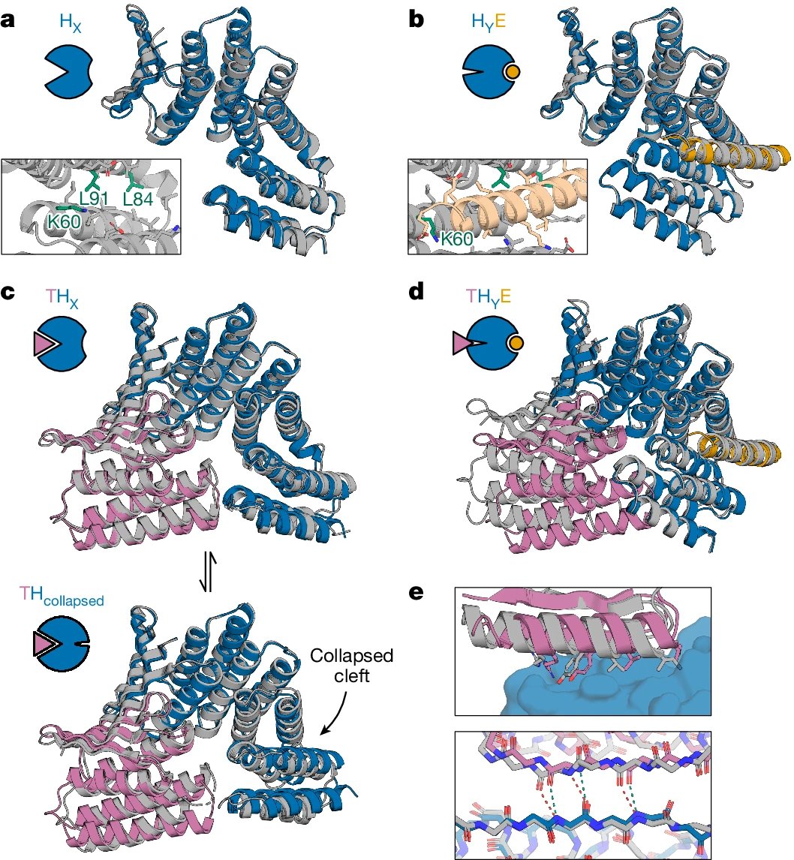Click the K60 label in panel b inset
456,239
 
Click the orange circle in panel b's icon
513,72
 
